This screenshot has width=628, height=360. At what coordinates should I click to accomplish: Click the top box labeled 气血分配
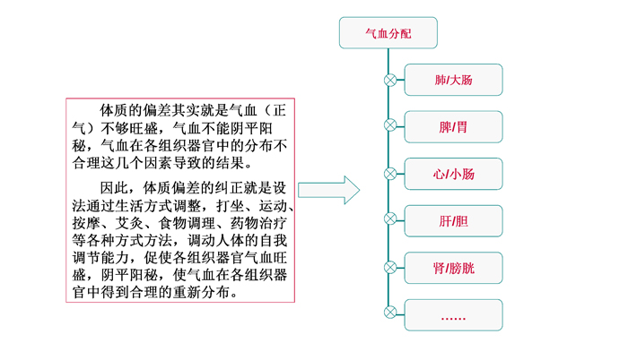388,33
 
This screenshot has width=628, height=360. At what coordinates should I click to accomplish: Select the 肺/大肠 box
453,80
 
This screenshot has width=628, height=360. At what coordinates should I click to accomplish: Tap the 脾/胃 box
453,127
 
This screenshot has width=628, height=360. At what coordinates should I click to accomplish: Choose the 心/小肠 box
453,174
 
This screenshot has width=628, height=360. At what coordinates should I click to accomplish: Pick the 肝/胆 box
453,221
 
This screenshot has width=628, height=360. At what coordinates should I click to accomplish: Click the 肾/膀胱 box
453,268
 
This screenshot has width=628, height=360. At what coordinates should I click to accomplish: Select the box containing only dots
453,315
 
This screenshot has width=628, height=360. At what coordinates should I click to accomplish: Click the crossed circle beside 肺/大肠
390,80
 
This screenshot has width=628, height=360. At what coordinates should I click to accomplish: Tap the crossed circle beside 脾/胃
390,125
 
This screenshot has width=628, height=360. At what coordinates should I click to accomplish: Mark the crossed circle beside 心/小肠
390,174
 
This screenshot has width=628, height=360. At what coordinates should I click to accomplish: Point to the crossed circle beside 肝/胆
390,219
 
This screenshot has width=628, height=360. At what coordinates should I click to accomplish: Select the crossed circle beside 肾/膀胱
390,267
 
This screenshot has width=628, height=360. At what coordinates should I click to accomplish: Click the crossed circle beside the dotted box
390,313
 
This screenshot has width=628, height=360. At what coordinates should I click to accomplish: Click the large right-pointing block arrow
329,190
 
